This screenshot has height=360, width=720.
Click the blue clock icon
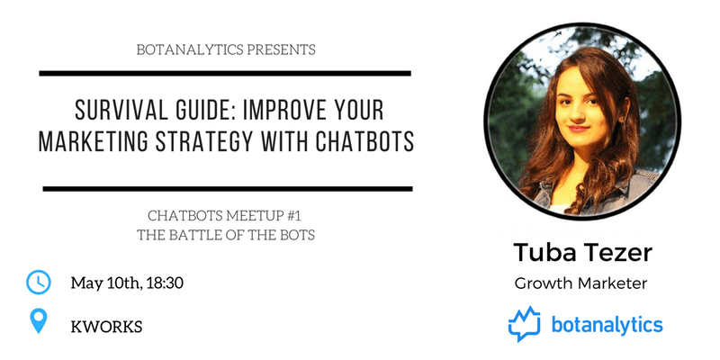pos(39,282)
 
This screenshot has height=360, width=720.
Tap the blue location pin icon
pos(39,321)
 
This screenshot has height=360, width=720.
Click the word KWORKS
pos(106,327)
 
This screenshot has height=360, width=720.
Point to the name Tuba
pos(543,253)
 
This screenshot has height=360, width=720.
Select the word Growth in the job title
pos(541,283)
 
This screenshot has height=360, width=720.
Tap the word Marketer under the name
pos(609,283)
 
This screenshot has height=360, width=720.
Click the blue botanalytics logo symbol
pos(524,324)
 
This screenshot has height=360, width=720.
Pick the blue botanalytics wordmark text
pos(607,325)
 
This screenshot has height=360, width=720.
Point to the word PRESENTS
pos(281,49)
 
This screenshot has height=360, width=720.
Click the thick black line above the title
pos(225,73)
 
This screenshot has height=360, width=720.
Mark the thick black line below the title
pos(228,188)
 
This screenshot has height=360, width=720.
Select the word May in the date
pos(82,283)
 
